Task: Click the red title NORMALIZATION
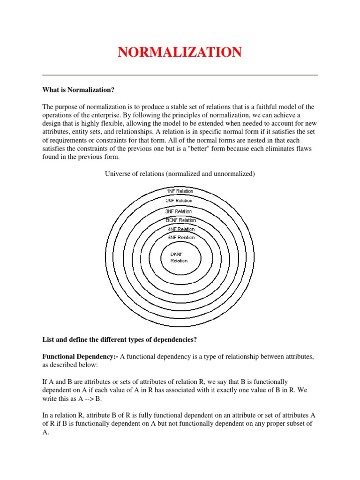tap(180, 52)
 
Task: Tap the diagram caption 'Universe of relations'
tap(179, 174)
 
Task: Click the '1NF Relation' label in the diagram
tap(180, 191)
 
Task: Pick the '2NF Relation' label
tap(179, 201)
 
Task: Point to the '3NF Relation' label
tap(179, 211)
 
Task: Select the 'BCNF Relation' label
tap(180, 220)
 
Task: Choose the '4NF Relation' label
tap(181, 229)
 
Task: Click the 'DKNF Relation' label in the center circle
tap(179, 257)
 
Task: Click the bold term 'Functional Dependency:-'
tap(80, 357)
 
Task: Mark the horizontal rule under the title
tap(180, 75)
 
